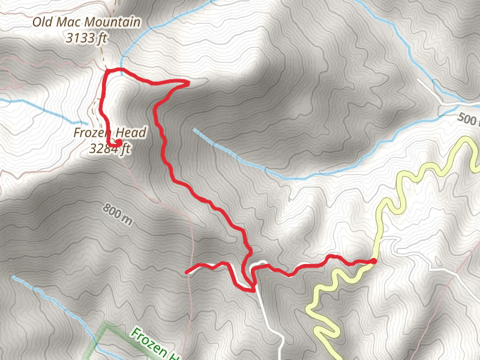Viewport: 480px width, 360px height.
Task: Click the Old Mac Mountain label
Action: point(87,23)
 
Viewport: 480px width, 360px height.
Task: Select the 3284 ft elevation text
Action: point(109,149)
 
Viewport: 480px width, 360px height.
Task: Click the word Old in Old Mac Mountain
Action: point(44,23)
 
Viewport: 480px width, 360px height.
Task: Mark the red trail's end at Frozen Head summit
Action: point(118,142)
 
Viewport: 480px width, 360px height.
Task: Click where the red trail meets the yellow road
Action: point(373,260)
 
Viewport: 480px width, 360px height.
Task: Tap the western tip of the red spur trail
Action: point(188,272)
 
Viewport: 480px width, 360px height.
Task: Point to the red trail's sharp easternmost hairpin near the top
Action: point(188,83)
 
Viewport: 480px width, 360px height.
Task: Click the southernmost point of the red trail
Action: point(253,290)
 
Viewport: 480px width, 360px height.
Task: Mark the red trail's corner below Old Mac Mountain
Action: point(107,71)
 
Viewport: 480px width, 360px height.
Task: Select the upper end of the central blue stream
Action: point(194,129)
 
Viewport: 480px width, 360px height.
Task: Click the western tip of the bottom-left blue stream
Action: point(13,277)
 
